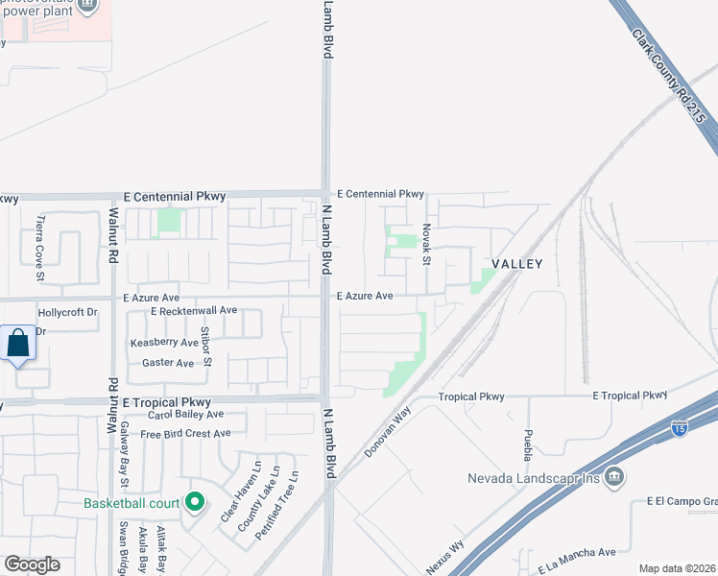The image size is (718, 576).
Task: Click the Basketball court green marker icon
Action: pos(195,502)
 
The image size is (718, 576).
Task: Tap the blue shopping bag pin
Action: pos(19,344)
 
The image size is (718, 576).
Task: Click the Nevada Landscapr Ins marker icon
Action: pos(615,477)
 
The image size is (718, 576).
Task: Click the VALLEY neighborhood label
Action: pos(517,264)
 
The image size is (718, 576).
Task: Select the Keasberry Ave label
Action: pos(164,343)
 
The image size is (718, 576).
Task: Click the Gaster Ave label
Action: pos(168,363)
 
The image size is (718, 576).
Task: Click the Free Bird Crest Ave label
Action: pos(185,434)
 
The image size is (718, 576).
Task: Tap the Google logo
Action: pos(32,564)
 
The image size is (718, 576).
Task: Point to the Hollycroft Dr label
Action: pos(67,313)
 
